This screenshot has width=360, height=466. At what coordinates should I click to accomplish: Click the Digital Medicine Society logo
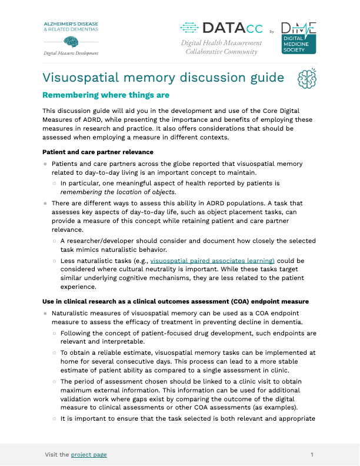[298, 38]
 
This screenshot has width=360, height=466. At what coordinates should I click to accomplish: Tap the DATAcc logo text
[221, 28]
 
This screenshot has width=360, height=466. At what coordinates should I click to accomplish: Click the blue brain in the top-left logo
[71, 41]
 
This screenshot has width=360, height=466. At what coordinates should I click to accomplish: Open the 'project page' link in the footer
[89, 454]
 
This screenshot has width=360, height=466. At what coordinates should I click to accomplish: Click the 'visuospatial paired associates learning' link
[212, 259]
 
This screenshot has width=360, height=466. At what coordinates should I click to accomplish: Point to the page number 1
[312, 454]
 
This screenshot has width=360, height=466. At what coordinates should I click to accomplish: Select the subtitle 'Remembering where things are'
[106, 95]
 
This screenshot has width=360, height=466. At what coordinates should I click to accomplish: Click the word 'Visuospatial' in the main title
[84, 78]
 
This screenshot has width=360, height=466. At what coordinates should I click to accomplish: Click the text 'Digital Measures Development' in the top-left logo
[71, 53]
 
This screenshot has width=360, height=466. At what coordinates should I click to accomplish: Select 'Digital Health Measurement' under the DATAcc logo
[221, 44]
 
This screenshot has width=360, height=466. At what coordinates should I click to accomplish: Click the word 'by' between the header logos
[271, 31]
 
